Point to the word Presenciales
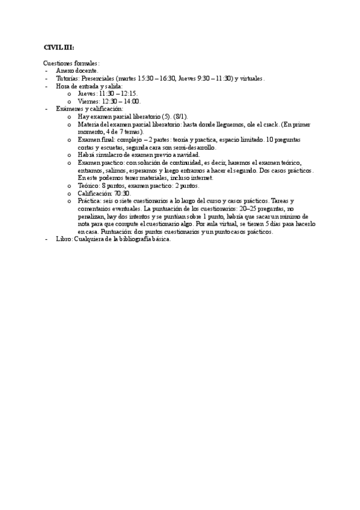[99, 79]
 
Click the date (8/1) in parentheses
[180, 117]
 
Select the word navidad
[187, 155]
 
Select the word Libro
[63, 239]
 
